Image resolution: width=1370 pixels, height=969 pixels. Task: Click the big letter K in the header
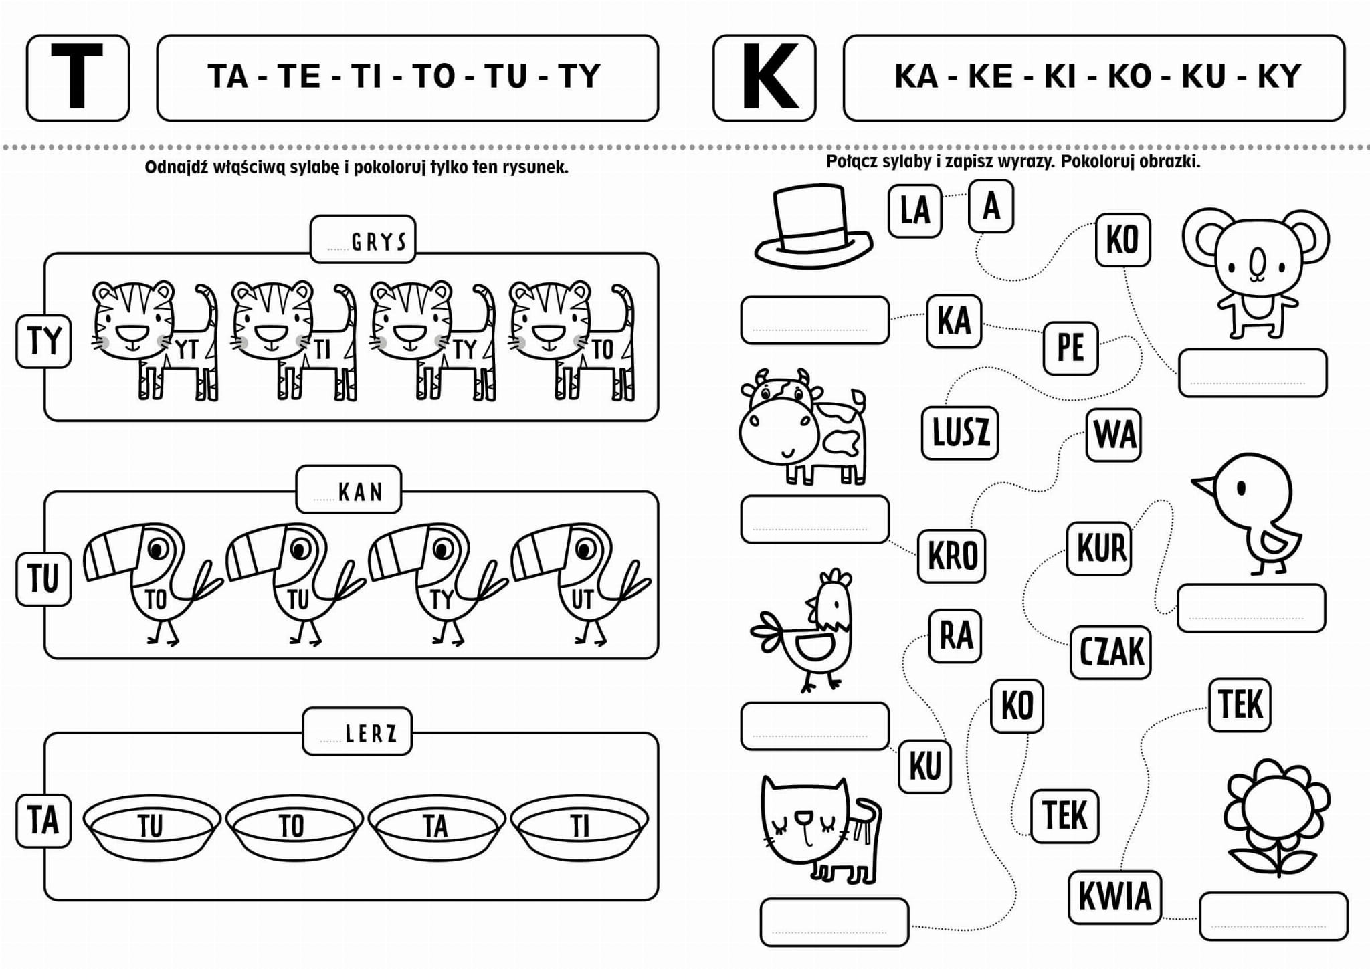pos(770,76)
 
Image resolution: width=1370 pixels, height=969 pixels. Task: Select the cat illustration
pos(821,830)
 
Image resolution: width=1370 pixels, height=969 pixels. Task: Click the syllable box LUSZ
pos(960,433)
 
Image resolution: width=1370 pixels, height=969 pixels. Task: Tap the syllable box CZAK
pos(1110,652)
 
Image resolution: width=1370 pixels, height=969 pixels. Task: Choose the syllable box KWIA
pos(1114,897)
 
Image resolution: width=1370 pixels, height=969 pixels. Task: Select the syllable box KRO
pos(952,555)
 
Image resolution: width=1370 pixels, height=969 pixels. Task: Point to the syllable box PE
pos(1070,348)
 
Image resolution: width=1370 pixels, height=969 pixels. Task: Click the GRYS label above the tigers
pos(363,239)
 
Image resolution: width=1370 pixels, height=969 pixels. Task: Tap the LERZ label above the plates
pos(357,732)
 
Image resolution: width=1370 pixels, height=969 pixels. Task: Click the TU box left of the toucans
pos(43,579)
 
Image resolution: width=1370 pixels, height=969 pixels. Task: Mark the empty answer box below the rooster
pos(815,726)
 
